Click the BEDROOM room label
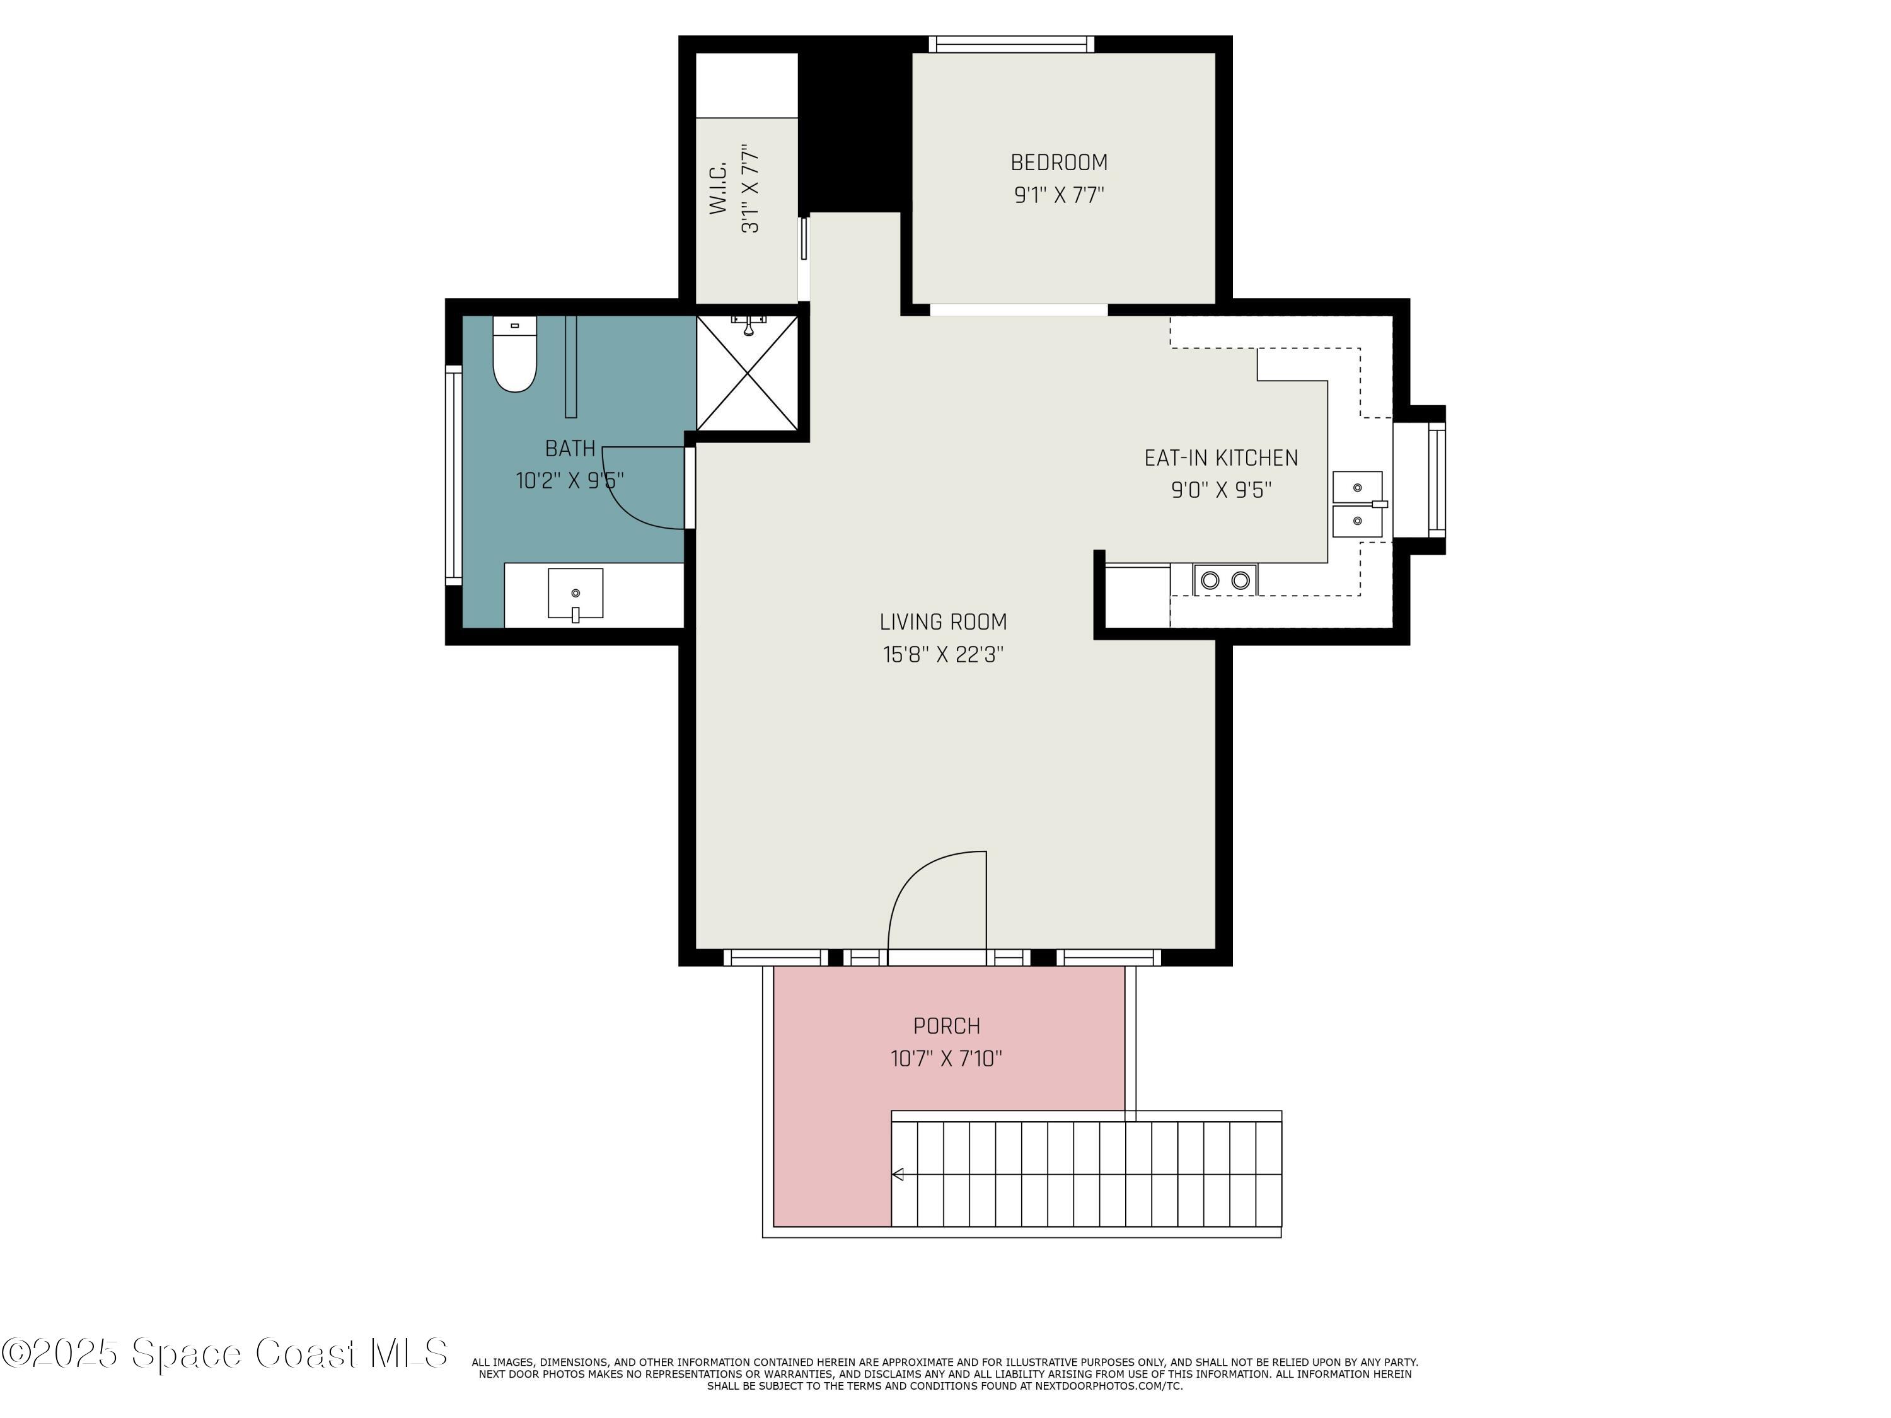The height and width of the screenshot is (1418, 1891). click(x=1058, y=163)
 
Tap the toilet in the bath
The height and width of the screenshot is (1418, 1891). click(x=514, y=357)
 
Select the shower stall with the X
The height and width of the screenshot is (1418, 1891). click(x=748, y=374)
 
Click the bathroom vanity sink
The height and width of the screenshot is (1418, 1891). click(x=575, y=593)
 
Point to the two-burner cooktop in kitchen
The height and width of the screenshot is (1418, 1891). click(x=1225, y=580)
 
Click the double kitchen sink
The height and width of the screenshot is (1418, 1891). click(x=1358, y=504)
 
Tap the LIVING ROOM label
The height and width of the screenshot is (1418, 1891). click(x=943, y=622)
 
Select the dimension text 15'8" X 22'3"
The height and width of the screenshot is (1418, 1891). click(x=943, y=655)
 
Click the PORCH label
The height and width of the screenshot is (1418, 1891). click(x=946, y=1025)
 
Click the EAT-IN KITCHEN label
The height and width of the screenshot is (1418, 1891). click(x=1221, y=458)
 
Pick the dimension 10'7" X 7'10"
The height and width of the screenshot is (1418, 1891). click(x=946, y=1059)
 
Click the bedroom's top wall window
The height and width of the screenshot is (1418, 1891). click(x=1011, y=45)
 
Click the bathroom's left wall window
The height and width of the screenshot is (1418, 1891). click(x=453, y=475)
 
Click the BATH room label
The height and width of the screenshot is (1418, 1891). click(x=570, y=448)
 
